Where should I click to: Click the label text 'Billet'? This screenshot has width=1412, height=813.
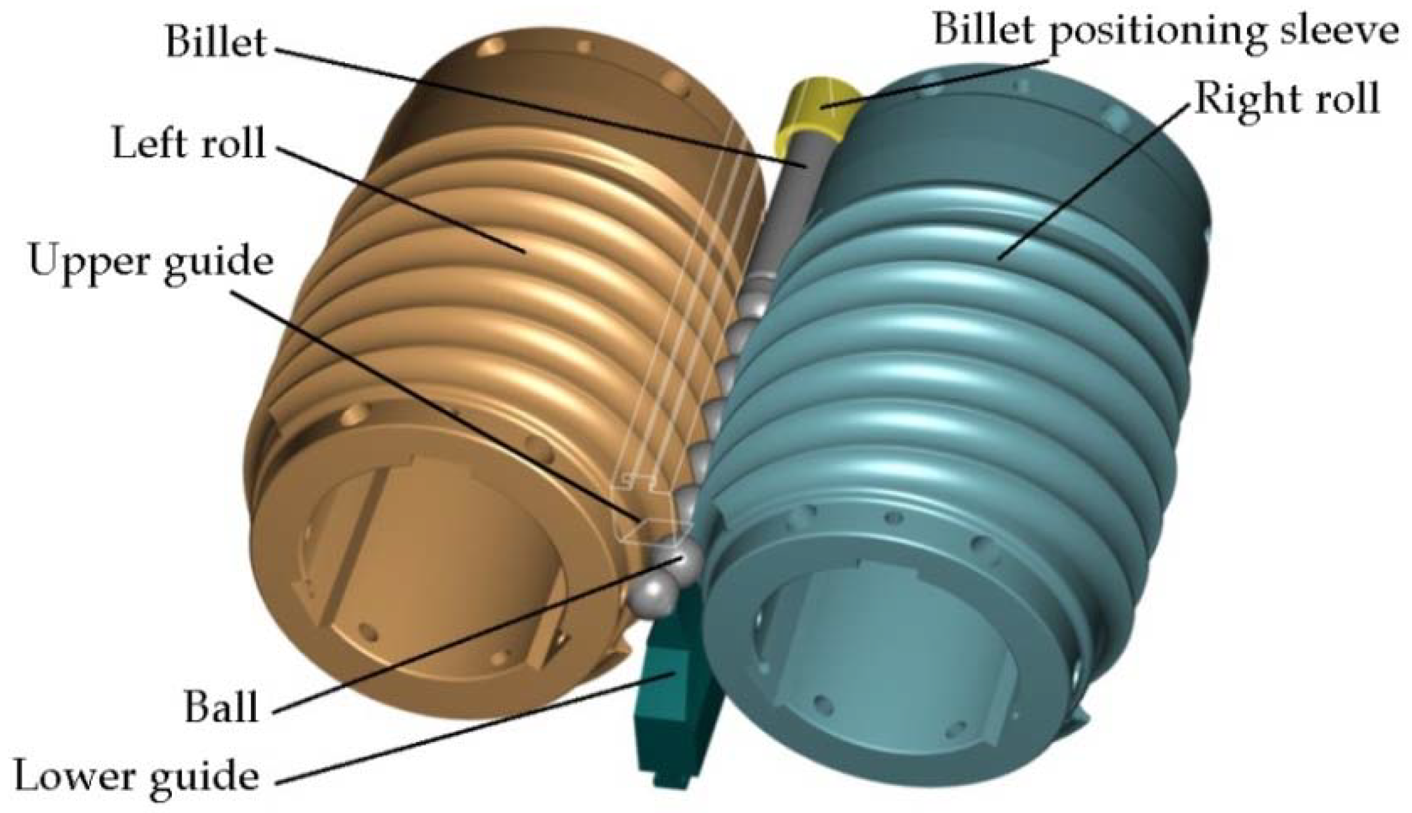(216, 42)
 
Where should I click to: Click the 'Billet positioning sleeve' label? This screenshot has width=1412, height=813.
(1165, 30)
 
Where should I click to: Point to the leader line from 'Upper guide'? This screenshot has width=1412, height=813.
(433, 396)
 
